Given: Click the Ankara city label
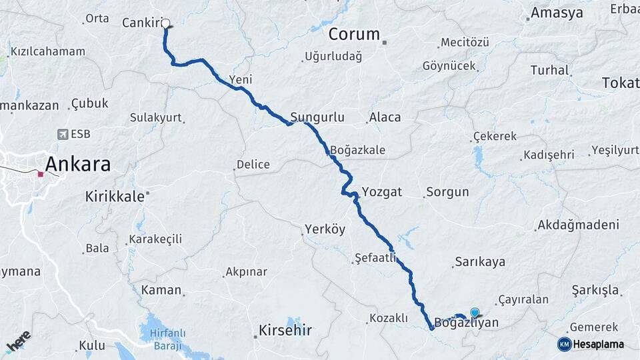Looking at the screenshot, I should (77, 164).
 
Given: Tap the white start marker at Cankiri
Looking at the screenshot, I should (165, 23).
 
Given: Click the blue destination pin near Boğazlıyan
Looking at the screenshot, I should (475, 312).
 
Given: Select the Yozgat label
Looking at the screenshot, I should (381, 192).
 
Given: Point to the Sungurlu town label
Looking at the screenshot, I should (317, 117).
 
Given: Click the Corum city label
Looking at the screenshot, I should (353, 34).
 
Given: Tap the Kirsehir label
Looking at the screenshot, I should (285, 330).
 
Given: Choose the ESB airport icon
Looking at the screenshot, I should (63, 134).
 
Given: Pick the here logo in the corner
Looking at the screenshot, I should (18, 341).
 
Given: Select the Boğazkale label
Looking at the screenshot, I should (357, 150).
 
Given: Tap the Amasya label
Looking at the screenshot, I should (557, 13).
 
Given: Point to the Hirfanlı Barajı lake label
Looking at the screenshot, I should (169, 338).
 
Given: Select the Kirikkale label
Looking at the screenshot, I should (115, 196).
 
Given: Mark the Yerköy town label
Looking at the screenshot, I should (325, 229).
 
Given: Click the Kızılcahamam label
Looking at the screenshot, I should (47, 51).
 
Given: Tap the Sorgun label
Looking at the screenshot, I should (447, 192).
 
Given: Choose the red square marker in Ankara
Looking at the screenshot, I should (41, 175).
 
